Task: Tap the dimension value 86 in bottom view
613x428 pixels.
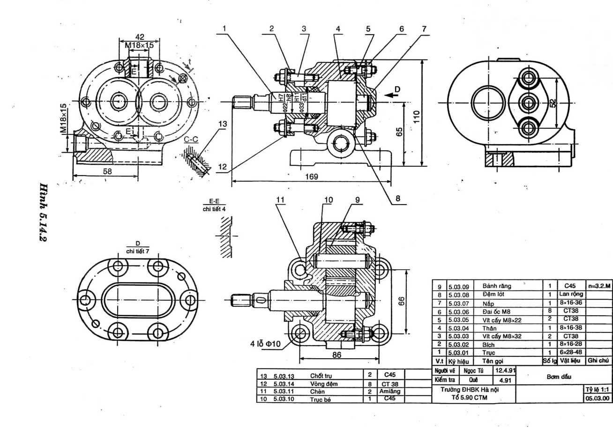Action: point(336,355)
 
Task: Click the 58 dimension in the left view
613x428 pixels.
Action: point(107,171)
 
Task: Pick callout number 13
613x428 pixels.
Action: point(223,124)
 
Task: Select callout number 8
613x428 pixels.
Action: point(397,198)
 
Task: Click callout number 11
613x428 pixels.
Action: point(280,200)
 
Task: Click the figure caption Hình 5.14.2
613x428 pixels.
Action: point(45,212)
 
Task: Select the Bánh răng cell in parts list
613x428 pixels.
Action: point(497,286)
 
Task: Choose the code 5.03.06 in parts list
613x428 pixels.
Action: point(458,311)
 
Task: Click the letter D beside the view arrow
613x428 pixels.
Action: point(397,89)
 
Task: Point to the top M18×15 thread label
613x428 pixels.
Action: point(139,45)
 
